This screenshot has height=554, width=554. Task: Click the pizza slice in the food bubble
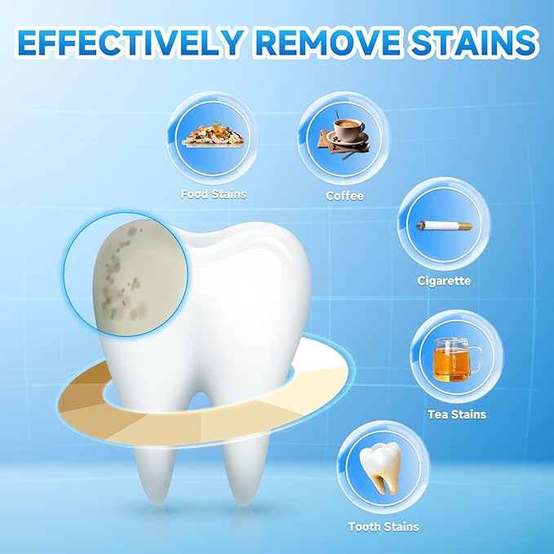coord(214,134)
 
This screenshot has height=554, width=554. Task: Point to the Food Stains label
coord(214,194)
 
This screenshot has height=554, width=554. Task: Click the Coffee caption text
coord(344,196)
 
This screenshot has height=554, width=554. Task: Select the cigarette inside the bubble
coord(444,225)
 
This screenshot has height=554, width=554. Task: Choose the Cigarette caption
coord(443,281)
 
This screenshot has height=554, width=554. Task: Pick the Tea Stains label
coord(457,414)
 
